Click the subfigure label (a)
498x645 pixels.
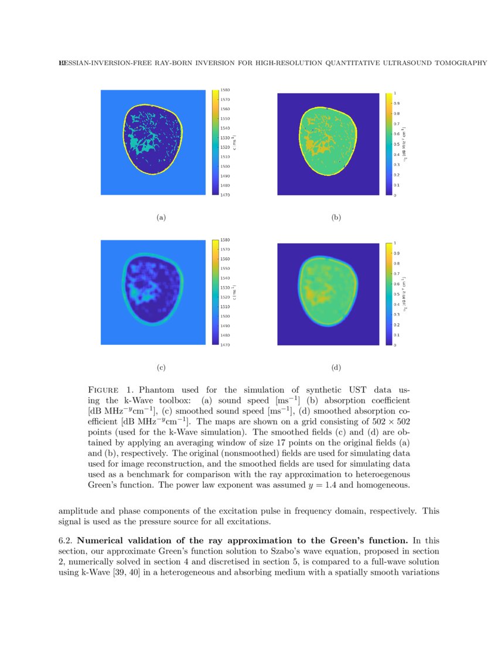tap(161, 218)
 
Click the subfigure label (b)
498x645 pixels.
tap(336, 218)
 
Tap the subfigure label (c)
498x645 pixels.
tap(161, 368)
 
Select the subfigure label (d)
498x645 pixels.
tap(336, 368)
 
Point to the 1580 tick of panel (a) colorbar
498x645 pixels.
tap(225, 90)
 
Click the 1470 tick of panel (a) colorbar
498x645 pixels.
tap(225, 195)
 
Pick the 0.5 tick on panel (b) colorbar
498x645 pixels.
tap(397, 144)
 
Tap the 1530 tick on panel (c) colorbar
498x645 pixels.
tap(225, 288)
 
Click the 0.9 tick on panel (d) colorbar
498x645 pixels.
tap(397, 253)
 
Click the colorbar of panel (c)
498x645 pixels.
tap(215, 292)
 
